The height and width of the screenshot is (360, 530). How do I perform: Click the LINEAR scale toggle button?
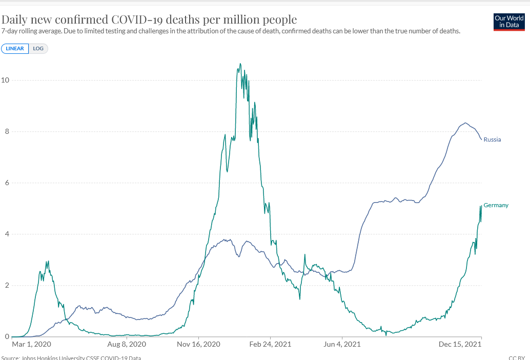pyautogui.click(x=15, y=49)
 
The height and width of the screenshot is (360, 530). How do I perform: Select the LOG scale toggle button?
pyautogui.click(x=38, y=49)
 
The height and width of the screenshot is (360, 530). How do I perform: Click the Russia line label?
pyautogui.click(x=492, y=139)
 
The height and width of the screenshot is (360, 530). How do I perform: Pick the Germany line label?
pyautogui.click(x=496, y=205)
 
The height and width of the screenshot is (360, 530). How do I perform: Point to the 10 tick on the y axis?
pyautogui.click(x=5, y=81)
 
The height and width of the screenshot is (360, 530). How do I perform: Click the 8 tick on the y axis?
pyautogui.click(x=7, y=132)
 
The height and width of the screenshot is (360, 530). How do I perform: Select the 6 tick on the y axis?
pyautogui.click(x=7, y=183)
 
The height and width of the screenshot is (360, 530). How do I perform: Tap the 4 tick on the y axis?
pyautogui.click(x=7, y=234)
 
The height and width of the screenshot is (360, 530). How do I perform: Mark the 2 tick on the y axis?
pyautogui.click(x=7, y=286)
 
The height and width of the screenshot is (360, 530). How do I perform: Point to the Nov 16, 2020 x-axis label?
pyautogui.click(x=198, y=344)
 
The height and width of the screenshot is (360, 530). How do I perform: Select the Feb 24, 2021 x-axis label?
pyautogui.click(x=270, y=344)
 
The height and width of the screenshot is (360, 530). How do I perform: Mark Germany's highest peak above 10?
pyautogui.click(x=240, y=64)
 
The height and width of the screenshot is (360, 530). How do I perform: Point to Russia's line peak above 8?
pyautogui.click(x=465, y=123)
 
